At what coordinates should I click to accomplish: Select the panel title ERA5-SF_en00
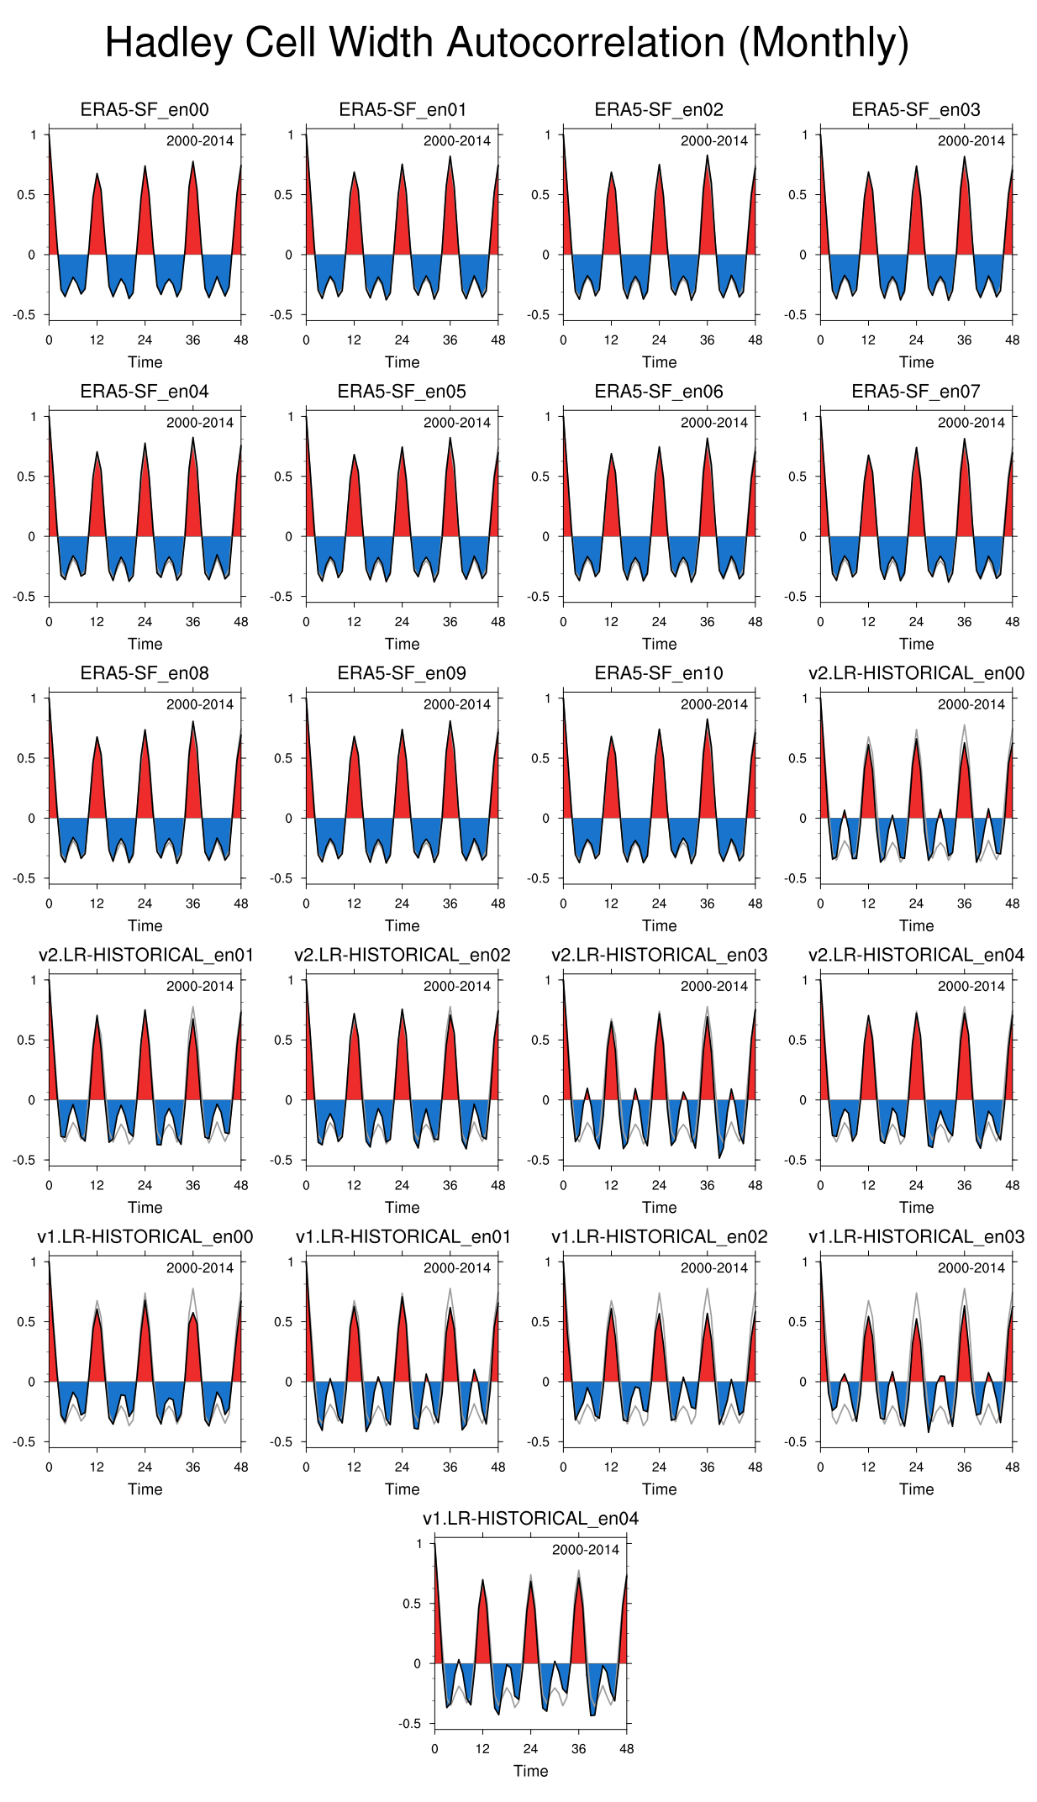click(145, 110)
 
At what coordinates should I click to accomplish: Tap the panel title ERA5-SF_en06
click(659, 392)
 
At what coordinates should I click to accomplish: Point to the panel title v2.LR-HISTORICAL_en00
click(916, 673)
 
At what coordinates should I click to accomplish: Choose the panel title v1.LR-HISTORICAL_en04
click(530, 1518)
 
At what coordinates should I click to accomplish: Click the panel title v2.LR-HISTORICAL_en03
click(659, 955)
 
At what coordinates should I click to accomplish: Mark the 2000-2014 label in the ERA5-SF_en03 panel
click(971, 141)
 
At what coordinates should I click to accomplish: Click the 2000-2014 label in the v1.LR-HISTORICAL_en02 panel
click(714, 1267)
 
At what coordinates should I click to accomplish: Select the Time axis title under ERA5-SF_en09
click(402, 925)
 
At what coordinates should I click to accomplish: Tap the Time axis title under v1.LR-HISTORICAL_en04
click(530, 1770)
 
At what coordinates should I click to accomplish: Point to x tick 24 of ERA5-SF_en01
click(402, 340)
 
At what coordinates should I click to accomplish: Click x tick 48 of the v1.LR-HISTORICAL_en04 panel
click(626, 1748)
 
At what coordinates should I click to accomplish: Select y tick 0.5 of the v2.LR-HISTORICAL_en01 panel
click(28, 1040)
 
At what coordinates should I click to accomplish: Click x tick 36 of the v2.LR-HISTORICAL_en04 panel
click(964, 1185)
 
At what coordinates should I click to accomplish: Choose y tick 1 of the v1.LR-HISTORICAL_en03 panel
click(804, 1262)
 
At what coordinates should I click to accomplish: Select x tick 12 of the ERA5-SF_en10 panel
click(611, 904)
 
